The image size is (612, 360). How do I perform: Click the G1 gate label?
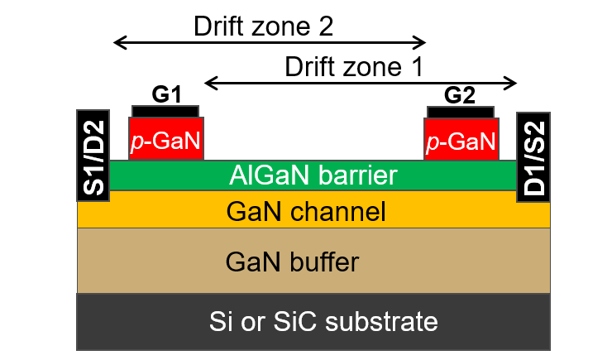(166, 94)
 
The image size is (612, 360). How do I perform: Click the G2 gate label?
(460, 94)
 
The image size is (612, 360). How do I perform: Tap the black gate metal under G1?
(165, 110)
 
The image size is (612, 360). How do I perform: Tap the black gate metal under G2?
(461, 111)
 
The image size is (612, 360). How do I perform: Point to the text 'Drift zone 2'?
(263, 26)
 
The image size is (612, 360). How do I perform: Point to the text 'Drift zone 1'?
(354, 66)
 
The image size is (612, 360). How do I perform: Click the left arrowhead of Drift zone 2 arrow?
(117, 42)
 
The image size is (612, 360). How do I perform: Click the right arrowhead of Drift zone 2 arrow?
(422, 42)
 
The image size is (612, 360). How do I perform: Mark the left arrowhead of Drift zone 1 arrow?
(209, 82)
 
